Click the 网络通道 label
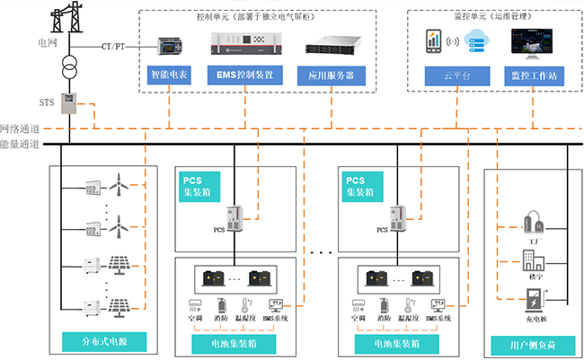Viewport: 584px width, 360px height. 19,130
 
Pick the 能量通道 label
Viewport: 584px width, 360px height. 19,144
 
